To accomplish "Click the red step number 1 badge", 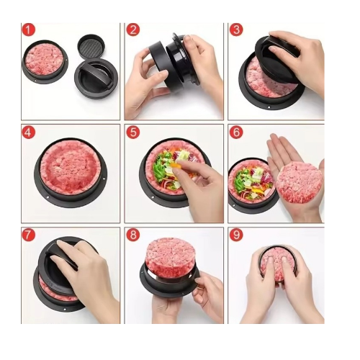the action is (29, 30).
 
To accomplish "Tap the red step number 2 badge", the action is (132, 30).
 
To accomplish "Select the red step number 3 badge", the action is (236, 30).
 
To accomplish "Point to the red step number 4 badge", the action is (29, 132).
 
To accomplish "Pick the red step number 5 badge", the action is (132, 132).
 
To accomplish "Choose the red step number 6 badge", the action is (236, 132).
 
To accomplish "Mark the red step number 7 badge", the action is (29, 235).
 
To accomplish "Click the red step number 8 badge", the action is (132, 235).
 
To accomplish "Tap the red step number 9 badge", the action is (236, 235).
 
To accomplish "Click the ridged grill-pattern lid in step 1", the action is (91, 46).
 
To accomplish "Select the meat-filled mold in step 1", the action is (45, 62).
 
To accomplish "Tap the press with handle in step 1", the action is (96, 78).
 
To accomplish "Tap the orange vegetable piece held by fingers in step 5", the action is (177, 166).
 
